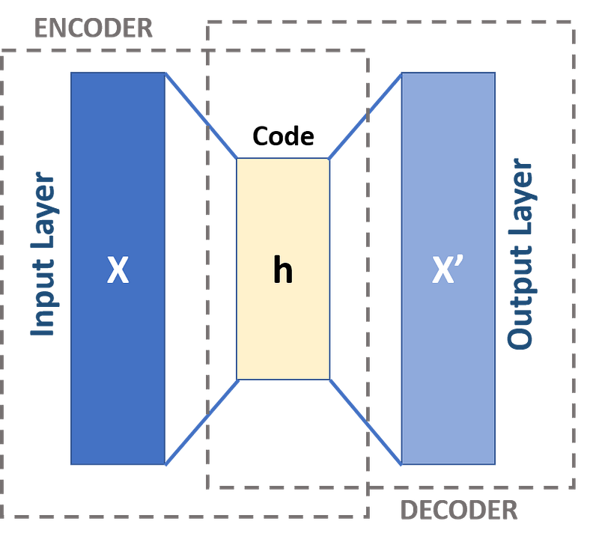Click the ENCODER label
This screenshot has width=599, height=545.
93,29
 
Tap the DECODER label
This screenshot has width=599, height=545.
458,511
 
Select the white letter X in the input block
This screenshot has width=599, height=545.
118,270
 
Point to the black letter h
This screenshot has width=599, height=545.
282,270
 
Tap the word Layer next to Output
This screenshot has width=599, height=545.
521,195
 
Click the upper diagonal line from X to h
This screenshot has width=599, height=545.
201,114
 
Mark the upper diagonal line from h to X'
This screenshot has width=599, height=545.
364,115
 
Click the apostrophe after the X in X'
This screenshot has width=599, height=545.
466,261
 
